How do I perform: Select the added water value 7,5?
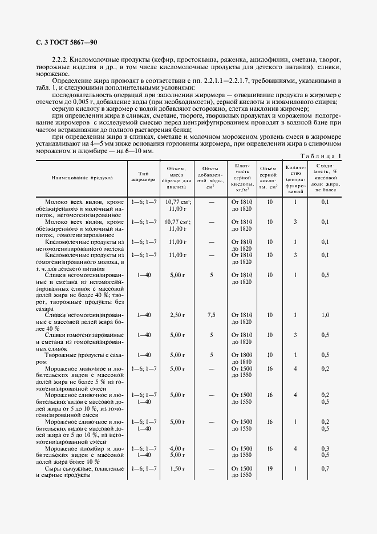pyautogui.click(x=211, y=315)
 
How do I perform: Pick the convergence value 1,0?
pyautogui.click(x=325, y=315)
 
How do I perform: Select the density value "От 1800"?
pyautogui.click(x=242, y=355)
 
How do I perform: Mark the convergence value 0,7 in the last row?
pyautogui.click(x=325, y=469)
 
